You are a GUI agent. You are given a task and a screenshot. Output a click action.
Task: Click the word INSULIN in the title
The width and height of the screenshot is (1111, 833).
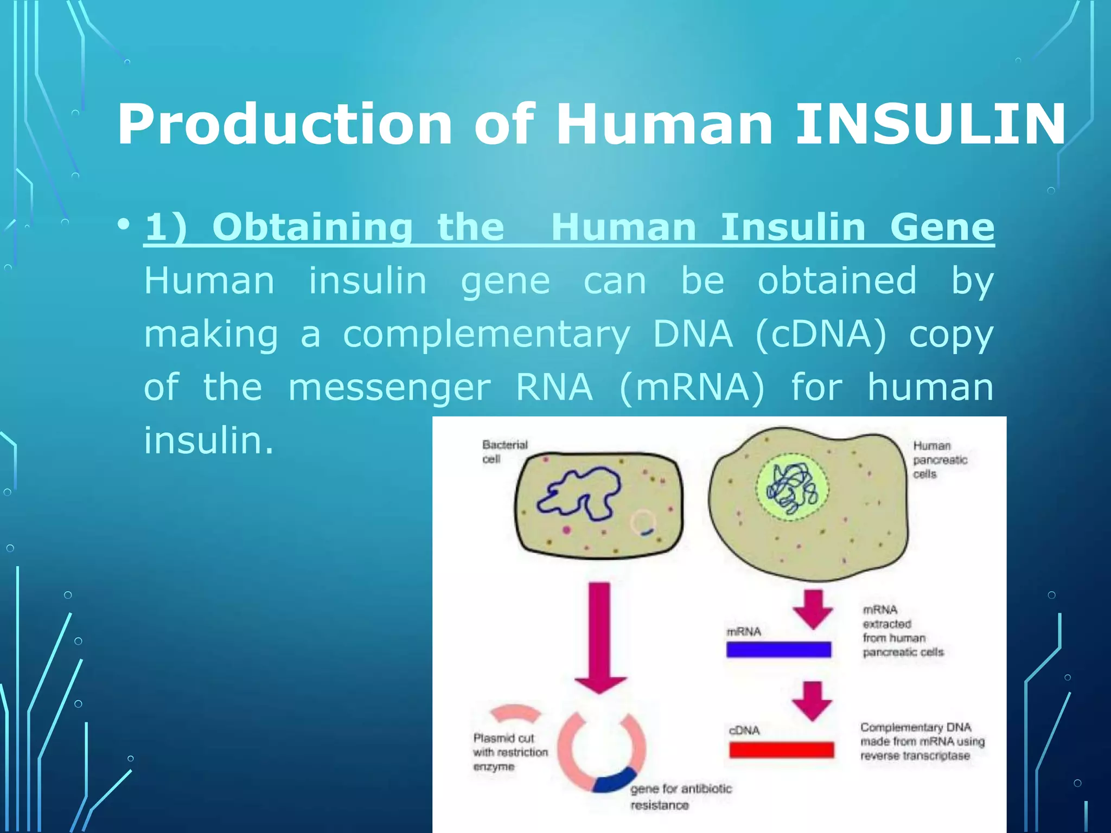930,125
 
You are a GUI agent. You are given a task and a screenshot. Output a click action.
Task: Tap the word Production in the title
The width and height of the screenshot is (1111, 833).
284,125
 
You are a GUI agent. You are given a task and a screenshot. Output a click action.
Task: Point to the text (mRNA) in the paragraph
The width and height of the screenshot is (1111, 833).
692,387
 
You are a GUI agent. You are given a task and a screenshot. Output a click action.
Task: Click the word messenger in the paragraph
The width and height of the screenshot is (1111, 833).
389,387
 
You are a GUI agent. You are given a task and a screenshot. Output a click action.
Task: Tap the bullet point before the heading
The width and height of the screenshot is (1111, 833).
124,224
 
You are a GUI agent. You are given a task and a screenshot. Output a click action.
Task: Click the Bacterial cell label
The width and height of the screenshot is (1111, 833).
504,452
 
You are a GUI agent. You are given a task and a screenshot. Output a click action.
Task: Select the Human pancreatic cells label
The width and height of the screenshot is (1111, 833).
940,459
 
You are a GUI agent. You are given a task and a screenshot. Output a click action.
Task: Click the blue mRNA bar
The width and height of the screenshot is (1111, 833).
778,649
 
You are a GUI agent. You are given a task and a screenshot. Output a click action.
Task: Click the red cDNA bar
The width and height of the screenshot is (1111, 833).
781,749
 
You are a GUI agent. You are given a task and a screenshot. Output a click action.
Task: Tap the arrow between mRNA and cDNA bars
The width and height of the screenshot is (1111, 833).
812,701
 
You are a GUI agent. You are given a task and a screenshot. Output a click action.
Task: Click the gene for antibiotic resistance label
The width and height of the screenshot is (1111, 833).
680,796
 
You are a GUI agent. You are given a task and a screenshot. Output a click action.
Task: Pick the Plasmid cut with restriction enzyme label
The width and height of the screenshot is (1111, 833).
509,752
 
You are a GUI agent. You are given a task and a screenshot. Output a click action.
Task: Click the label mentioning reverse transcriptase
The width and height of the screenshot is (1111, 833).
922,741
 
